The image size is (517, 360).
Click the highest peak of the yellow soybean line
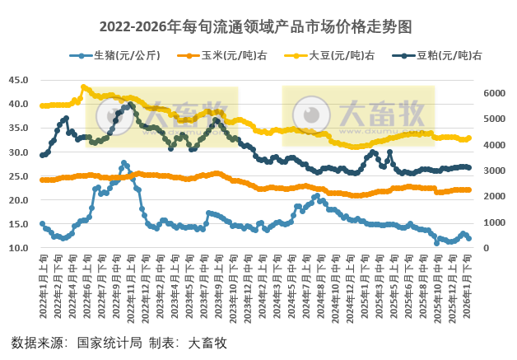83,86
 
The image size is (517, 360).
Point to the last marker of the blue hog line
469,238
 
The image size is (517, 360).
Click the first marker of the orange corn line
42,180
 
